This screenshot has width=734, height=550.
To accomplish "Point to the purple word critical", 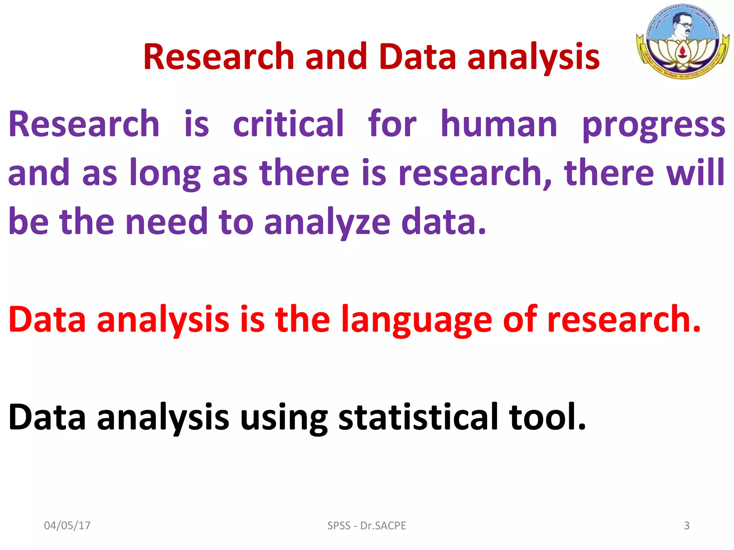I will click(288, 124).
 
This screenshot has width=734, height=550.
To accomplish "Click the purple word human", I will click(499, 124).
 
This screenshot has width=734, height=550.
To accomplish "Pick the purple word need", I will click(167, 222).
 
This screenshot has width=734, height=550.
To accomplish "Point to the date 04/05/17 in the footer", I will click(67, 525).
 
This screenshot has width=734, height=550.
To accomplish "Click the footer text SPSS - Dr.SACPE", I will click(367, 525).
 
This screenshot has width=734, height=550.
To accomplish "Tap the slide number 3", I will click(686, 525).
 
